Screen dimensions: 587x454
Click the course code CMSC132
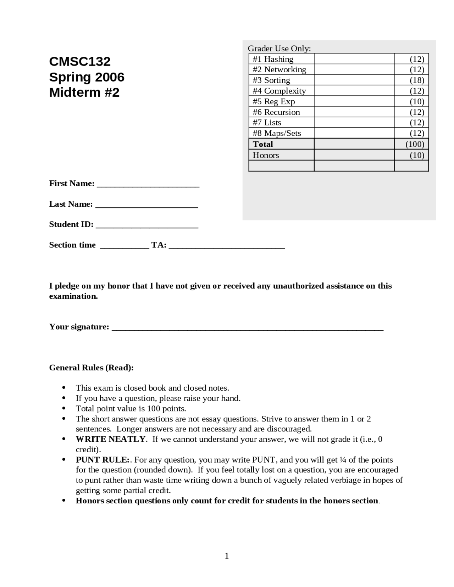[80, 62]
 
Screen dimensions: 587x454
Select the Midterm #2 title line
[84, 93]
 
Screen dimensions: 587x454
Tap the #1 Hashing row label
[273, 59]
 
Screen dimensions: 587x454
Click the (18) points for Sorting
[417, 80]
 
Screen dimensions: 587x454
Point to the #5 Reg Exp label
[274, 102]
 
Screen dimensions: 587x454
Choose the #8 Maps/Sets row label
[277, 133]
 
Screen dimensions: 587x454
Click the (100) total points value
[415, 144]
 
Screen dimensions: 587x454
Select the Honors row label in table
[266, 155]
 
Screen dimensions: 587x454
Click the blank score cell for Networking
[354, 69]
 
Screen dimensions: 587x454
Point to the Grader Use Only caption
[279, 49]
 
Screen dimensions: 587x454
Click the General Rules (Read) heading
[91, 368]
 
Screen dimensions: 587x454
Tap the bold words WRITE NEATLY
[111, 439]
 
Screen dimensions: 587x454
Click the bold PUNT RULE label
[103, 460]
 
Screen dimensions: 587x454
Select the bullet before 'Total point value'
[64, 408]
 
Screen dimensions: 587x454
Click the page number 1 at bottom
[227, 556]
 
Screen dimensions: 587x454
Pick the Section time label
[72, 245]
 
